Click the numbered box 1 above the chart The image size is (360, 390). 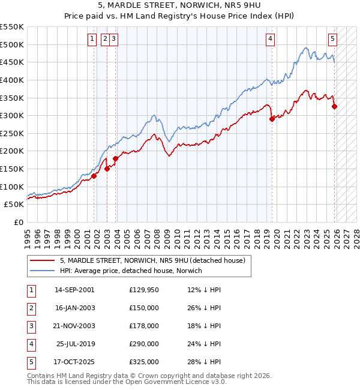click(x=92, y=40)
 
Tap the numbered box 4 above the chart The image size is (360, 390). click(x=271, y=40)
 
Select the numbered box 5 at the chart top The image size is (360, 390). click(x=332, y=40)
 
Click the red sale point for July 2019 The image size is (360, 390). click(x=272, y=119)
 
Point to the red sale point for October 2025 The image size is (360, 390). click(x=334, y=107)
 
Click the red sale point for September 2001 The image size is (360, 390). click(x=94, y=176)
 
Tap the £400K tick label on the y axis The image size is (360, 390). click(x=12, y=80)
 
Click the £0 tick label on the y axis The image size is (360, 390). click(x=18, y=222)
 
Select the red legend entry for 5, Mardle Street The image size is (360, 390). click(x=152, y=260)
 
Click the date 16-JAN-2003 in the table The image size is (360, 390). click(x=74, y=308)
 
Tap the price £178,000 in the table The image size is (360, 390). click(x=144, y=326)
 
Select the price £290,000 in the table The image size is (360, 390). click(x=144, y=344)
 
